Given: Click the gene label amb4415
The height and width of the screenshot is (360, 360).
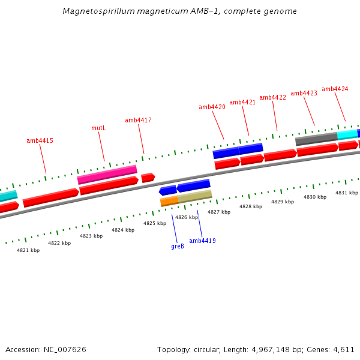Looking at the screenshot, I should pos(40,141).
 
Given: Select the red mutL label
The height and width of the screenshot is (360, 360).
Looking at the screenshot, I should pos(98,128).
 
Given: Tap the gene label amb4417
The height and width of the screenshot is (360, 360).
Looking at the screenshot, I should pos(138,121).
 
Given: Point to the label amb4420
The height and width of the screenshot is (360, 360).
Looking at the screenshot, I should pos(212,107).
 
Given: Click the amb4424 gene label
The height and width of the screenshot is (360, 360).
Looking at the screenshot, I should pos(335,89).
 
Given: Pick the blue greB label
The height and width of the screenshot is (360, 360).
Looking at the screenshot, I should pos(178,246).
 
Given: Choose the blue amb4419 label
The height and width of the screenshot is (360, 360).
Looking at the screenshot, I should pos(202,241).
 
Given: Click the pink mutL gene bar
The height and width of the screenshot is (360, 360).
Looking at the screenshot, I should pos(107,175).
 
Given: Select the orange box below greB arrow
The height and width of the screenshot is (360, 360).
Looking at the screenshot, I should pos(169,201).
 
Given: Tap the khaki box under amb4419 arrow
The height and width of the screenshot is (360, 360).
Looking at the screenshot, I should pos(194,196).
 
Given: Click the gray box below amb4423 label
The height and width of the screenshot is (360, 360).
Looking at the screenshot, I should pos(316,139).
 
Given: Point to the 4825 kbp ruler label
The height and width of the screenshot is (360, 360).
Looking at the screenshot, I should pos(154,223).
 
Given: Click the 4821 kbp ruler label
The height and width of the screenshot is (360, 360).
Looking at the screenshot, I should pos(28,250).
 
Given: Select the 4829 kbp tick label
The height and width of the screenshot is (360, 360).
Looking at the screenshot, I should pos(283,202).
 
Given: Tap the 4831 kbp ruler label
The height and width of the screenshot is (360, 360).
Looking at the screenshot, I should pos(347,193).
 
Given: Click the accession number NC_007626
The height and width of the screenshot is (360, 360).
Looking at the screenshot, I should pos(65,349).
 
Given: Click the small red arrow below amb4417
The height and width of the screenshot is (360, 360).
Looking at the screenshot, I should pos(148,178).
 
